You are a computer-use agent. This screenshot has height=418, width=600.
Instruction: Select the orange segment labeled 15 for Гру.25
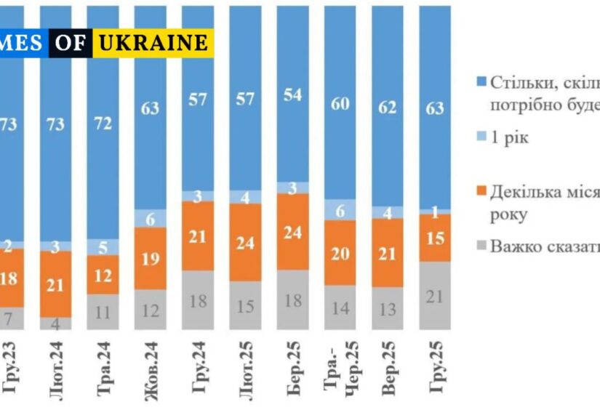pos(436,238)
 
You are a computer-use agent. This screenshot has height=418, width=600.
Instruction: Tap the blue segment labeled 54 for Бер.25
pos(294,95)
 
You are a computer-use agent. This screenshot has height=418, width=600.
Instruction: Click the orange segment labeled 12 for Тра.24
pos(103,275)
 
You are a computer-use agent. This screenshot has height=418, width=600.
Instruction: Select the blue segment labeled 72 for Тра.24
pos(103,124)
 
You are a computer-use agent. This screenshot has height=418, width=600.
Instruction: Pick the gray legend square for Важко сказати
pos(480,246)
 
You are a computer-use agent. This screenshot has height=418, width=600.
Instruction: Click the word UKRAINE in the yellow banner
pos(153,43)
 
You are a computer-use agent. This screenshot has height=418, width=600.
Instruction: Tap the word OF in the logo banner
pos(71,43)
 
